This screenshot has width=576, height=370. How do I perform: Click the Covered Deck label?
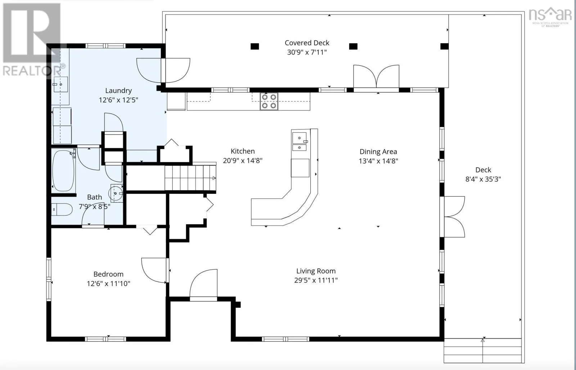point(307,43)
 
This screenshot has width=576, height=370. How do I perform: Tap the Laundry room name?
point(118,91)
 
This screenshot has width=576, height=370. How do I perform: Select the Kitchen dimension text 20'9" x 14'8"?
point(243,161)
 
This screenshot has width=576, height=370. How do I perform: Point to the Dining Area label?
point(378,152)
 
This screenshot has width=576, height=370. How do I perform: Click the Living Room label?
point(316,271)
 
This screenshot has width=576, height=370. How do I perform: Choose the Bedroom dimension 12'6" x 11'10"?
point(108,283)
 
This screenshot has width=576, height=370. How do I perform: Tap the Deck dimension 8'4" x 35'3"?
point(483,179)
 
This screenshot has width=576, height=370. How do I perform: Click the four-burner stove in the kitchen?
point(269,101)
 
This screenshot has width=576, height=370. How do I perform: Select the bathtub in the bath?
point(63,170)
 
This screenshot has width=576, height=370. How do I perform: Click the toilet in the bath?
point(62,210)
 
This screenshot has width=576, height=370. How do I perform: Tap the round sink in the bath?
point(116,193)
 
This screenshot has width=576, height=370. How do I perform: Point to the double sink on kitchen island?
point(300,141)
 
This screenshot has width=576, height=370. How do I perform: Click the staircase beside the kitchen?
point(190,178)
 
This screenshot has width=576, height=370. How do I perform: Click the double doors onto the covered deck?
point(376,77)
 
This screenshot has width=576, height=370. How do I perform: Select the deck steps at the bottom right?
point(483,351)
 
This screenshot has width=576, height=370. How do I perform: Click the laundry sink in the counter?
point(61,84)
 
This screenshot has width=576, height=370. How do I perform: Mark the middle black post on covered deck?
point(353,46)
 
